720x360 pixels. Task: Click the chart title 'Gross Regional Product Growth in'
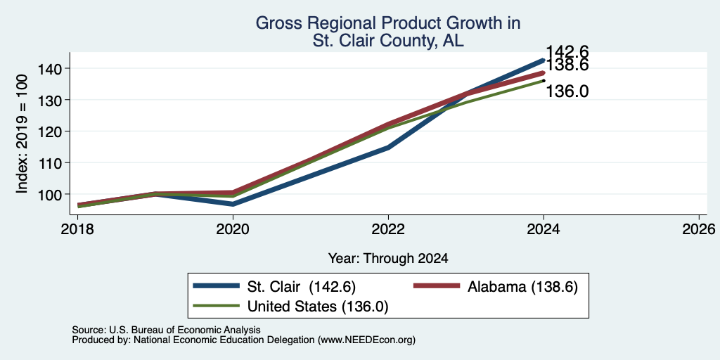[387, 23]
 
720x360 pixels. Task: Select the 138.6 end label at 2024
[567, 65]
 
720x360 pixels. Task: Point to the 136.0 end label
[567, 91]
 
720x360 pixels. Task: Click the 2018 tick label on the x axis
[77, 229]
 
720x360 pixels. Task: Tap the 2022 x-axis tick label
[388, 229]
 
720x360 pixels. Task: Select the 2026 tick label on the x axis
[700, 229]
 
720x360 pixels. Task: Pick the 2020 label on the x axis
[233, 229]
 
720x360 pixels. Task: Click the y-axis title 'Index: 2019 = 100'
[22, 134]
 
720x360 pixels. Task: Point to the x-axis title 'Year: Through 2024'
[388, 259]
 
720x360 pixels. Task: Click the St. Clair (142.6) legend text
[301, 287]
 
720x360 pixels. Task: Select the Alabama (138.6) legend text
[522, 287]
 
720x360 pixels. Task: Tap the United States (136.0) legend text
[318, 307]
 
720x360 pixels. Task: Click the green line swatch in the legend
[217, 306]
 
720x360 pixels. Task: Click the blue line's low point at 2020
[233, 205]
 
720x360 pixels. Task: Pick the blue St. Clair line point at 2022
[388, 148]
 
